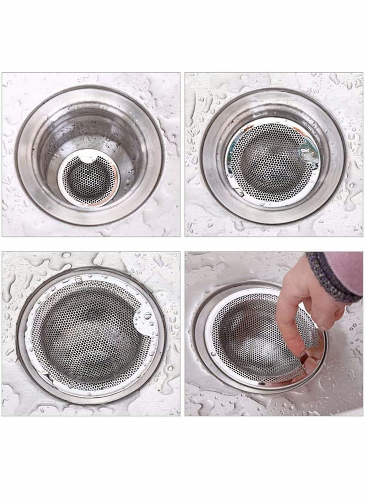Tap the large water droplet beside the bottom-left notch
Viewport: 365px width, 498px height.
[x=148, y=315]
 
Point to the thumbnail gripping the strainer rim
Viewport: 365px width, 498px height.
[x=312, y=363]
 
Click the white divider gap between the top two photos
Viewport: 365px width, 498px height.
[x=182, y=155]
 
